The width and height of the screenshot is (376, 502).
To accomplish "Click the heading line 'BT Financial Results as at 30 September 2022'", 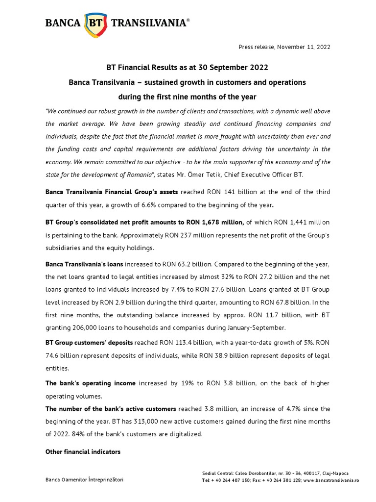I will coord(188,67).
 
